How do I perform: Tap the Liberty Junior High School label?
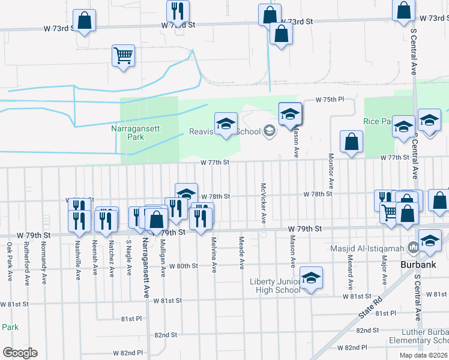point(275,286)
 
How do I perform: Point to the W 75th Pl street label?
point(331,100)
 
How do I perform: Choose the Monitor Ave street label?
point(331,166)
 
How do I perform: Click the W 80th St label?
point(184,266)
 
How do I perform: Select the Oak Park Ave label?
point(10,262)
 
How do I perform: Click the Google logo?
point(20,352)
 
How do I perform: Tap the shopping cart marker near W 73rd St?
point(123,56)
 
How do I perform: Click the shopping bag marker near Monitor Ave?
point(351,142)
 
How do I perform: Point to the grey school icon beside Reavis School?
point(270,131)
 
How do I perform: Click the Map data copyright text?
point(423,355)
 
